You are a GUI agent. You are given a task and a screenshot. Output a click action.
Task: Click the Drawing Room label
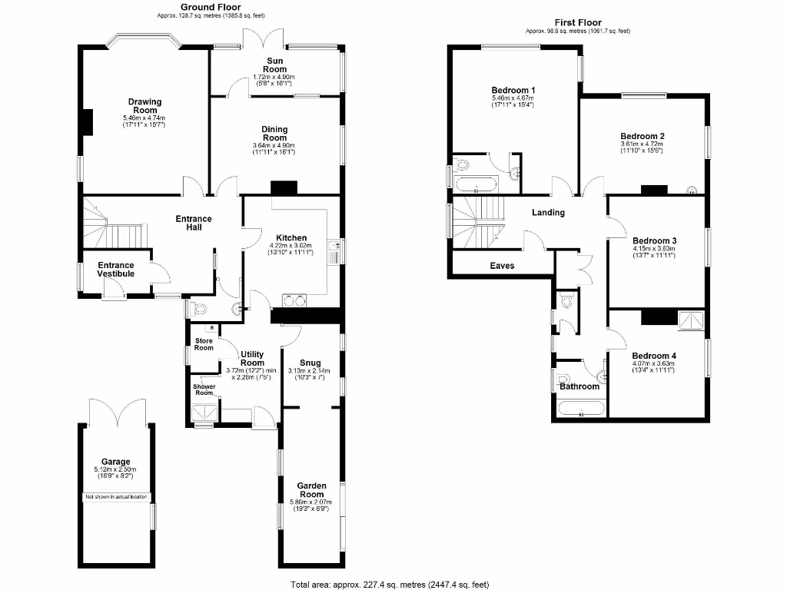point(144,106)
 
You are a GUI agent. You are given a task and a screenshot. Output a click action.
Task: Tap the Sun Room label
point(276,65)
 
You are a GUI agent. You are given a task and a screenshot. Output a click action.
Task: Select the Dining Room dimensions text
point(274,149)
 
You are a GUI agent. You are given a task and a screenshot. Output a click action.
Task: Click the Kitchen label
point(291,238)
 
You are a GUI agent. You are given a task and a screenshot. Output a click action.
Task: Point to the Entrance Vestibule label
point(115,270)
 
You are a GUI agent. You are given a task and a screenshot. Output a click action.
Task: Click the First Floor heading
point(577,23)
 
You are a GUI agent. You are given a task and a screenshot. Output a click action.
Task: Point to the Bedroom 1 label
point(513,90)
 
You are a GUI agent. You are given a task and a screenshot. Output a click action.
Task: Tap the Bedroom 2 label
point(642,136)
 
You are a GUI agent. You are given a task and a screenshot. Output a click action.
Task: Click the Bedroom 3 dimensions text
point(653,252)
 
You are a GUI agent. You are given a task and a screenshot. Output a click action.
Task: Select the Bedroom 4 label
point(654,356)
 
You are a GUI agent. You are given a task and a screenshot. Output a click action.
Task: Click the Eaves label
point(502,266)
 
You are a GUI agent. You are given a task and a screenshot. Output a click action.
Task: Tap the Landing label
point(548,213)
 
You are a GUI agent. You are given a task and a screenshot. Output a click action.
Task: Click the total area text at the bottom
point(390,585)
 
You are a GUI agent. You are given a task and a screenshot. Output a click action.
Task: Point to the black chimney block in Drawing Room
point(88,123)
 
